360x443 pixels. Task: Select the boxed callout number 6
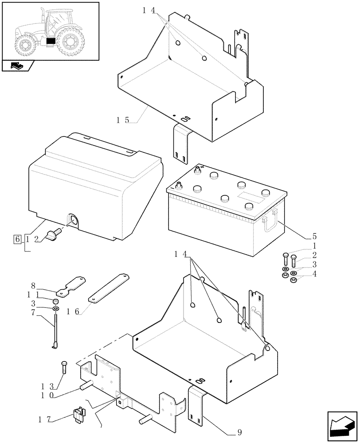(x=18, y=239)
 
